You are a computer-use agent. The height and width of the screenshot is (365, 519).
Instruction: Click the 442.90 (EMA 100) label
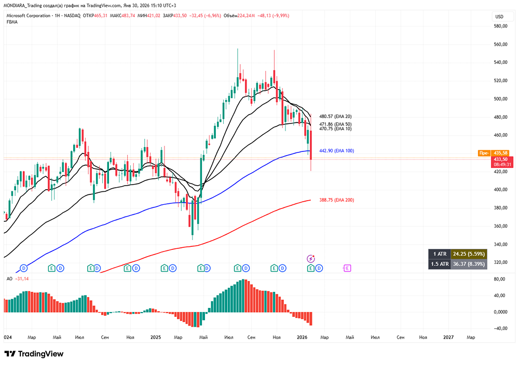(x=336, y=151)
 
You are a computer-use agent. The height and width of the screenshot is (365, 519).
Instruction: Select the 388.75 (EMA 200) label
(x=336, y=200)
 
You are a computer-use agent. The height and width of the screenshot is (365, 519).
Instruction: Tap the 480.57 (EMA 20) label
(x=335, y=117)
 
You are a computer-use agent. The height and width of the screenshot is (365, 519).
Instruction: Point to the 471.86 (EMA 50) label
(x=335, y=124)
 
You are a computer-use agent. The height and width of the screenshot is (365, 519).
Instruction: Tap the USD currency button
(x=499, y=17)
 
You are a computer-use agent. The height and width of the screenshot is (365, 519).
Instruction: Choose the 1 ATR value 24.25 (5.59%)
(x=469, y=254)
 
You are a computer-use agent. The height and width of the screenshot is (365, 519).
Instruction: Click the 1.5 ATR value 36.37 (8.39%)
(x=469, y=264)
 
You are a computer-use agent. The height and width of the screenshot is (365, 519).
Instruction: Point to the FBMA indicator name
(x=11, y=22)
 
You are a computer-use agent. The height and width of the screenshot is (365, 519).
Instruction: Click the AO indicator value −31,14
(x=21, y=279)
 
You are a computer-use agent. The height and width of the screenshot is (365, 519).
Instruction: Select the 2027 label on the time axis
(x=449, y=337)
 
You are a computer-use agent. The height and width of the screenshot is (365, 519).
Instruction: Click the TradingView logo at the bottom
(x=34, y=354)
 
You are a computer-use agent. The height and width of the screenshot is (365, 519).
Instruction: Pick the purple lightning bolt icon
(x=311, y=258)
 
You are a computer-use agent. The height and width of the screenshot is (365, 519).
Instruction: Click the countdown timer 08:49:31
(x=502, y=164)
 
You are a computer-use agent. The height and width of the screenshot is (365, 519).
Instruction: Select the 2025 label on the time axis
(x=156, y=337)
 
